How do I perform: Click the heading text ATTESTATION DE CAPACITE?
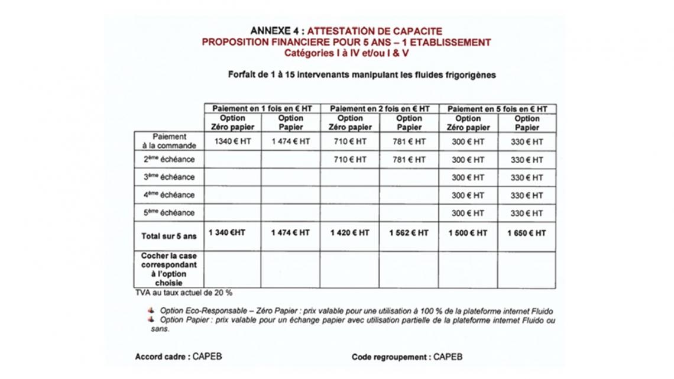375,31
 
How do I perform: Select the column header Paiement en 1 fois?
262,109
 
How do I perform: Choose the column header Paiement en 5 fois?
497,109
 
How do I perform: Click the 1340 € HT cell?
232,142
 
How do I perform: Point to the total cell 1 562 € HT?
409,234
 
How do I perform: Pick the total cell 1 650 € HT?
526,234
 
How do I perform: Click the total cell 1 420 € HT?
349,234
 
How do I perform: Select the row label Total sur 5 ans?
168,236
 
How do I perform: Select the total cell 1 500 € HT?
468,234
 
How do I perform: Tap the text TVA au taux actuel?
183,293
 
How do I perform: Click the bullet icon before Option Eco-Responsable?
152,310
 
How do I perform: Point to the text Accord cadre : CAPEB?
179,357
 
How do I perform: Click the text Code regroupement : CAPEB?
407,357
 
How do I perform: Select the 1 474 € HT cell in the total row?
290,234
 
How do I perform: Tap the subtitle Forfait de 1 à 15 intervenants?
361,75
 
